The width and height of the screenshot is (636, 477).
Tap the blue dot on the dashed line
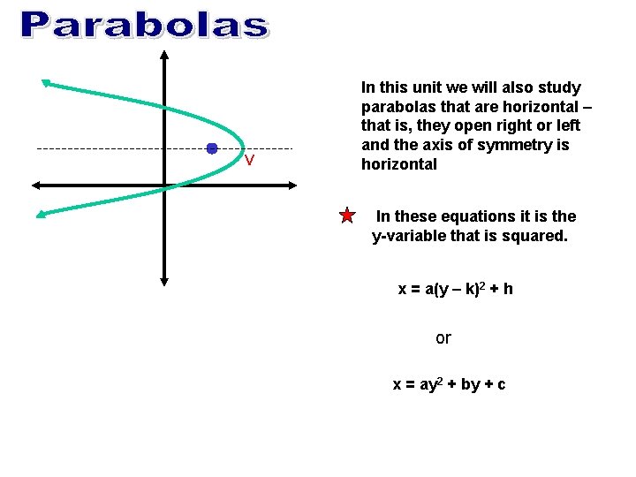pyautogui.click(x=212, y=148)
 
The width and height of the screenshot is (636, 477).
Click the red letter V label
pyautogui.click(x=250, y=161)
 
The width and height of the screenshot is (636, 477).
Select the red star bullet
pyautogui.click(x=347, y=216)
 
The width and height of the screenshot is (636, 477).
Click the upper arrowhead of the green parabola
pyautogui.click(x=45, y=83)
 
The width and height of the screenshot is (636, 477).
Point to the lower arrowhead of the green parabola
pyautogui.click(x=40, y=213)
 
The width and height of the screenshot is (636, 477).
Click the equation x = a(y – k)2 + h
pyautogui.click(x=456, y=289)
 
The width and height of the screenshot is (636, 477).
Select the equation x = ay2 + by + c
pyautogui.click(x=449, y=384)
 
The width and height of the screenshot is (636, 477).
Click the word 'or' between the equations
pyautogui.click(x=443, y=337)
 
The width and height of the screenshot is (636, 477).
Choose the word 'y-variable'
pyautogui.click(x=410, y=236)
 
